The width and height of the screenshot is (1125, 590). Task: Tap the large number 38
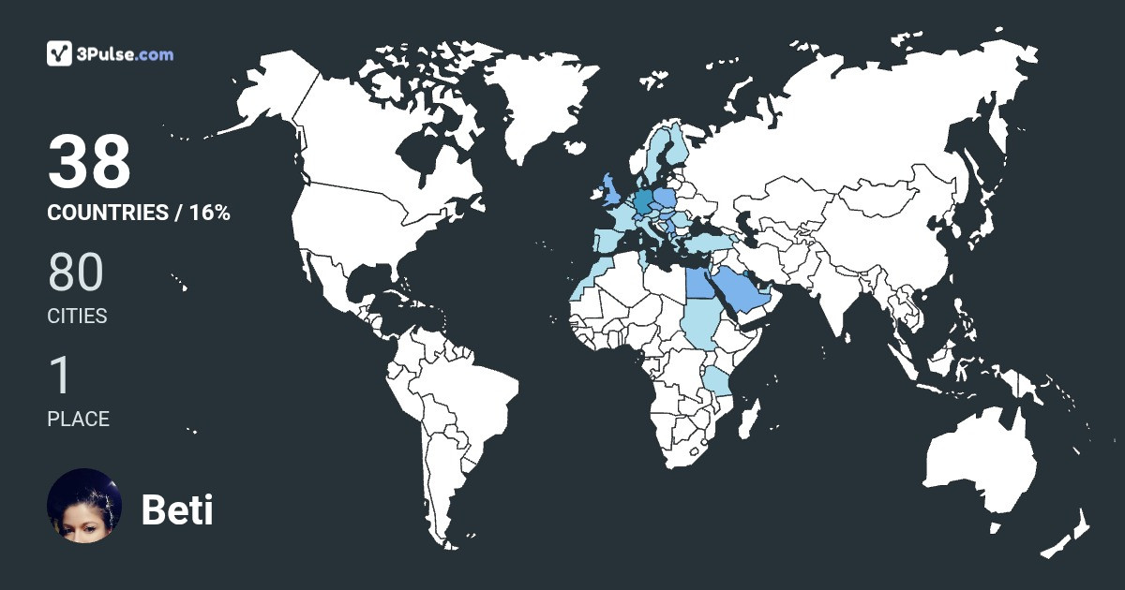(x=89, y=162)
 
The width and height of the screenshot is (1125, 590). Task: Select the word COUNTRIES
(x=107, y=213)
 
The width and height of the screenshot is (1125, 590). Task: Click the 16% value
(x=209, y=213)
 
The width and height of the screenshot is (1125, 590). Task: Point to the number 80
(x=75, y=273)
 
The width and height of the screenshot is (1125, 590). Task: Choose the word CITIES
(x=77, y=317)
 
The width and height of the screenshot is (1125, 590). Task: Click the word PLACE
(x=78, y=419)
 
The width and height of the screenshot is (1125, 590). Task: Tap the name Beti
(x=177, y=510)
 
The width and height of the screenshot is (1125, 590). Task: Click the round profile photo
(x=84, y=505)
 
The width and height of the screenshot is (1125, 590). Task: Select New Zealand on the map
(x=1069, y=534)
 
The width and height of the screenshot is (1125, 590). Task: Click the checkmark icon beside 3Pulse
(x=60, y=53)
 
